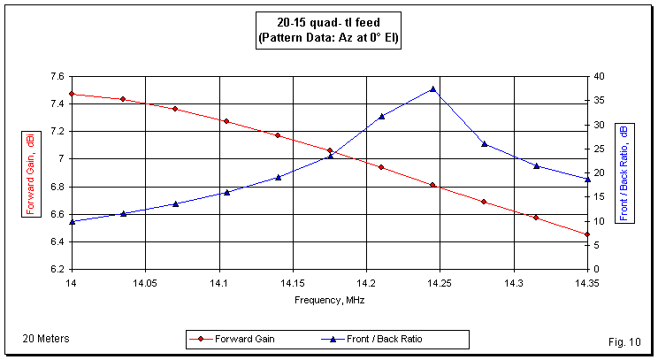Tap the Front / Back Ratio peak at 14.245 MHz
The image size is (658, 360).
coord(432,88)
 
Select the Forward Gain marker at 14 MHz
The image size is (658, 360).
coord(71,94)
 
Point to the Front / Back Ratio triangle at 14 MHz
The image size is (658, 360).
coord(71,221)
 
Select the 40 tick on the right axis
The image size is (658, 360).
coord(599,76)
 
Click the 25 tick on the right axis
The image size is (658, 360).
coord(599,149)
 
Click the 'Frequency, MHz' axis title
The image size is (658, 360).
coord(329,300)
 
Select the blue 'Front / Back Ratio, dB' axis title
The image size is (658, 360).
coord(624,172)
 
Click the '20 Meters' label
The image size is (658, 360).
coord(46,339)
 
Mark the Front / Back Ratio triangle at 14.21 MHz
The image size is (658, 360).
coord(381,116)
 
